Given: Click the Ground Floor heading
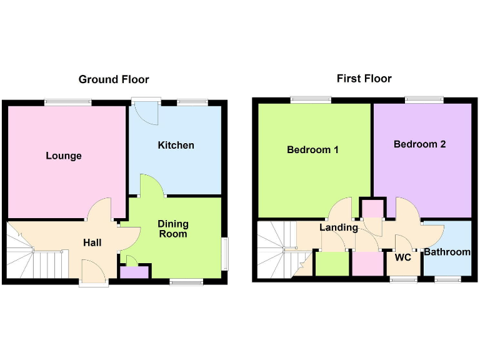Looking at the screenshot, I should [x=114, y=79].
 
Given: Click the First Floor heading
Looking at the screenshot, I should [x=364, y=78].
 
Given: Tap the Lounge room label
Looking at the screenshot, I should [x=64, y=156].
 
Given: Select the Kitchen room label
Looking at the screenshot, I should [x=176, y=145].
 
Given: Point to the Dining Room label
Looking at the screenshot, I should [x=172, y=229].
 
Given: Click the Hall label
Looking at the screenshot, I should [x=92, y=242].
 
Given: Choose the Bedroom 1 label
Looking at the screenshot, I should [x=312, y=150].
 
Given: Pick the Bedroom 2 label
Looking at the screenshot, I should [x=419, y=144].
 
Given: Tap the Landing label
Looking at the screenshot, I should [x=338, y=227].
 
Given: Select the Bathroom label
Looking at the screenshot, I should [x=447, y=252].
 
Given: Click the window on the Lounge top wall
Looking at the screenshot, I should [x=67, y=102].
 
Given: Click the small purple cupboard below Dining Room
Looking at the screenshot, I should [x=134, y=272].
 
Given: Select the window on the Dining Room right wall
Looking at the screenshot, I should [x=225, y=254].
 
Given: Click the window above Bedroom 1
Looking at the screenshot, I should [x=311, y=99].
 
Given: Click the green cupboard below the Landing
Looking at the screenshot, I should [x=332, y=263].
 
